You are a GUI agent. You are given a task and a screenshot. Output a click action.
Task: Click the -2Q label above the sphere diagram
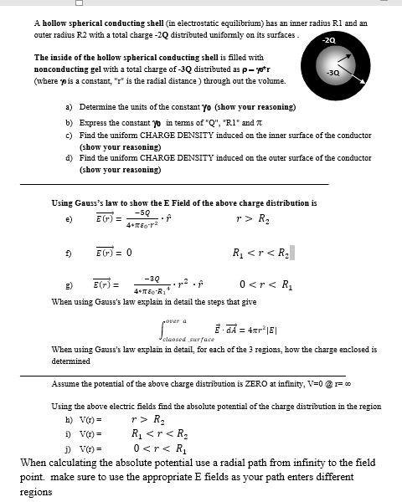(x=337, y=39)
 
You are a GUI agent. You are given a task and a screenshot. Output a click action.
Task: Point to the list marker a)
(x=68, y=109)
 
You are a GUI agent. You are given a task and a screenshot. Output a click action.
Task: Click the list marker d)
(x=68, y=158)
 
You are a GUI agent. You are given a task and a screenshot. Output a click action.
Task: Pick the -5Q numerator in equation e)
(x=128, y=213)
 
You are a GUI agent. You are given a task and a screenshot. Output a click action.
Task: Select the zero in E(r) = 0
(x=127, y=249)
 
